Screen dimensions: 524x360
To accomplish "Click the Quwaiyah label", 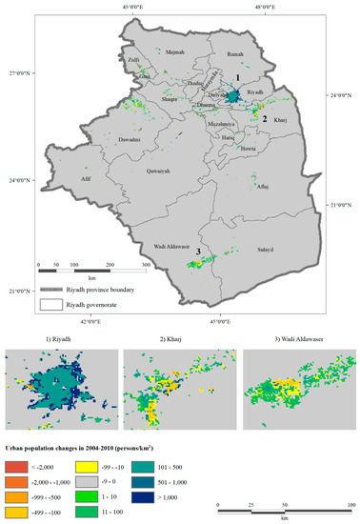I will [x=158, y=173].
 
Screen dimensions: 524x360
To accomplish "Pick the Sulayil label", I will [x=266, y=250].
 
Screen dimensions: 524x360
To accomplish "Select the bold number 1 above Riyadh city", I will [x=237, y=77].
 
